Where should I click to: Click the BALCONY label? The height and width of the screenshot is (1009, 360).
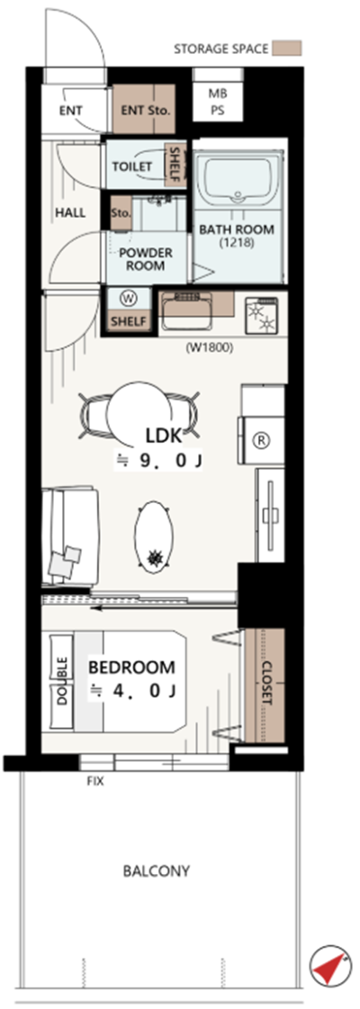pyautogui.click(x=157, y=871)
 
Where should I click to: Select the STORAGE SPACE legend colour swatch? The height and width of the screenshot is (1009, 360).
pyautogui.click(x=286, y=49)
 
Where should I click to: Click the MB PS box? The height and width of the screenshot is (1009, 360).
pyautogui.click(x=218, y=102)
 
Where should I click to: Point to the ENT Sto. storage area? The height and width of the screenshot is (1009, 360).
pyautogui.click(x=146, y=110)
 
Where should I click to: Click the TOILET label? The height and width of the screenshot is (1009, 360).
pyautogui.click(x=131, y=167)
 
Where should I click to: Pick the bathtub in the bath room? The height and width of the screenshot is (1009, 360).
pyautogui.click(x=238, y=179)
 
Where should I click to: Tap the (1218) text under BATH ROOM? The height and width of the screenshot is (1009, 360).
pyautogui.click(x=236, y=243)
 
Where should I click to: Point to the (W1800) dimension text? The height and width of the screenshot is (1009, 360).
pyautogui.click(x=209, y=348)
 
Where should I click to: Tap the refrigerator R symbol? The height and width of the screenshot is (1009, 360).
pyautogui.click(x=262, y=441)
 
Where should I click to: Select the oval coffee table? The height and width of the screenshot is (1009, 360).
pyautogui.click(x=154, y=535)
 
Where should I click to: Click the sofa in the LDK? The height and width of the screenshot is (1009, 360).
pyautogui.click(x=69, y=536)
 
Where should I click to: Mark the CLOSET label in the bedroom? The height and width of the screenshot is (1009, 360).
pyautogui.click(x=268, y=683)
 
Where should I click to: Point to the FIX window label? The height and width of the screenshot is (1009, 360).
pyautogui.click(x=95, y=782)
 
